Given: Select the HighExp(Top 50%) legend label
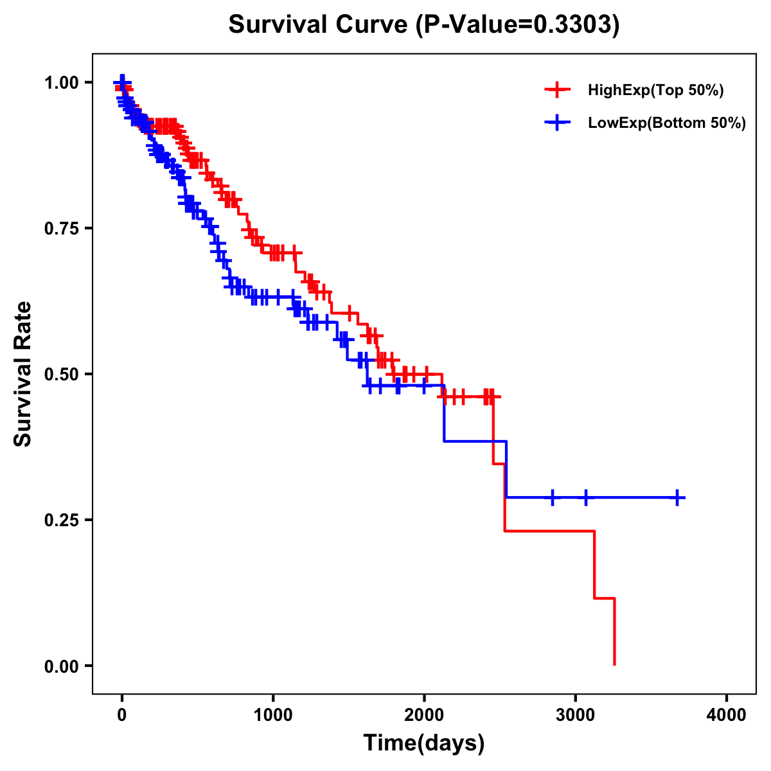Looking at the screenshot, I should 655,91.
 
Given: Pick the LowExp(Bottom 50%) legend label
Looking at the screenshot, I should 666,123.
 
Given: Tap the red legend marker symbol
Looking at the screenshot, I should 557,90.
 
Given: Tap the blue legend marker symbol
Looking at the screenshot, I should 557,122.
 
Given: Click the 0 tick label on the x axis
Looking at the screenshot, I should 122,715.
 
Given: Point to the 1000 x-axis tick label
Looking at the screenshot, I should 273,715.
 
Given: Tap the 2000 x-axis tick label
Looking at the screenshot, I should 424,715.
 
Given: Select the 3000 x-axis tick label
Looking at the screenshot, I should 576,715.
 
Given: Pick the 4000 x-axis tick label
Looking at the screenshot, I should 727,715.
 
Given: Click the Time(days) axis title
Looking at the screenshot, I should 424,743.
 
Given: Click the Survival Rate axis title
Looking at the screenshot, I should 23,374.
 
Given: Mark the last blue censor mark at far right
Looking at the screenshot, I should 678,497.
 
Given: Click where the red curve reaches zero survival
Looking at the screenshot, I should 615,664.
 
